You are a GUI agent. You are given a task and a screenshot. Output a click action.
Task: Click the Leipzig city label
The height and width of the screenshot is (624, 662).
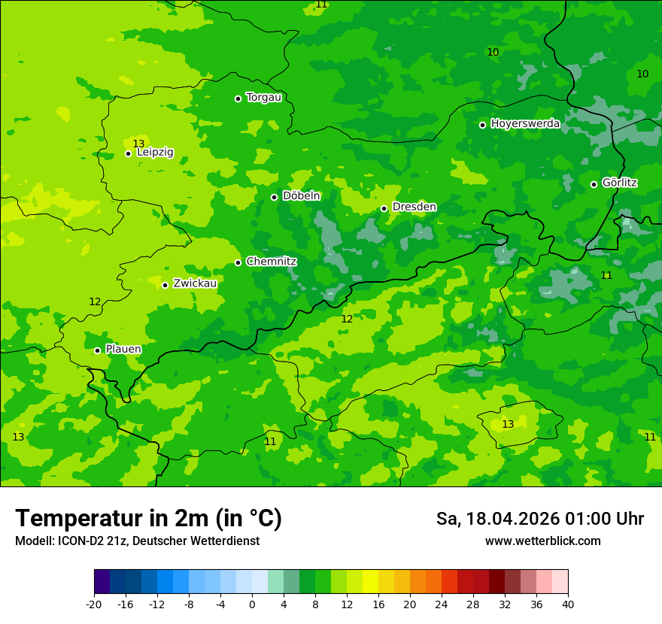coord(155,153)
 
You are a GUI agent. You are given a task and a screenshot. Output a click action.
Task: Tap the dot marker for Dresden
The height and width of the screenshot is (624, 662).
coord(384,208)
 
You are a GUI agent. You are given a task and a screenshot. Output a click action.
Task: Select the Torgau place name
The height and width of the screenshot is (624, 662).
coord(263,98)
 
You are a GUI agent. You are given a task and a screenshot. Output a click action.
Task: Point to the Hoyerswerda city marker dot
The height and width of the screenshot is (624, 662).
coord(482,125)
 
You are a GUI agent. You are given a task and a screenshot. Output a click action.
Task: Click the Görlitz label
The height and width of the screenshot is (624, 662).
coord(620,183)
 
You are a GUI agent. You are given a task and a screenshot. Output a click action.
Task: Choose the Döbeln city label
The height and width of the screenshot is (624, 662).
coord(301,196)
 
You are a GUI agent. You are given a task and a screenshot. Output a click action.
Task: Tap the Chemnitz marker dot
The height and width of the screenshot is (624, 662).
coord(238,262)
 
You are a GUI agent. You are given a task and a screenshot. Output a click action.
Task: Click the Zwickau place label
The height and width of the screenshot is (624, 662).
coord(195,283)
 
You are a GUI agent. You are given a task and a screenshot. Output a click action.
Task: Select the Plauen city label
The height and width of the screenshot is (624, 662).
coord(123,350)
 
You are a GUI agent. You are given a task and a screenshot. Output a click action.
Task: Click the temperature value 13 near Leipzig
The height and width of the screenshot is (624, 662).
coord(138,144)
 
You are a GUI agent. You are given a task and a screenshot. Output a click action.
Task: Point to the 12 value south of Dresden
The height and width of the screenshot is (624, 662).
coord(347,320)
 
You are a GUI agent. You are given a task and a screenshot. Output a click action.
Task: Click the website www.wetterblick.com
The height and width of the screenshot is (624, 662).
coord(542,541)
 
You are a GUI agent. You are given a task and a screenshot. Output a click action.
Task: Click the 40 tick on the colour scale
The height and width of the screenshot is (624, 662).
coord(567,604)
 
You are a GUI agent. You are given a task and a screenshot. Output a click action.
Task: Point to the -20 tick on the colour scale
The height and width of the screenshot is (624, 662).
coord(94,604)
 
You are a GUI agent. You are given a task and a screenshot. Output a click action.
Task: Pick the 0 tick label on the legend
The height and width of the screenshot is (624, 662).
coord(252,604)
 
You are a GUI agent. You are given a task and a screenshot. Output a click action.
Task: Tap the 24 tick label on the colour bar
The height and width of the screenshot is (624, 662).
coord(442,604)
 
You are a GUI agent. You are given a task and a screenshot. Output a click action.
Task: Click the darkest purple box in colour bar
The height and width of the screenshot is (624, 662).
coord(102,582)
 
